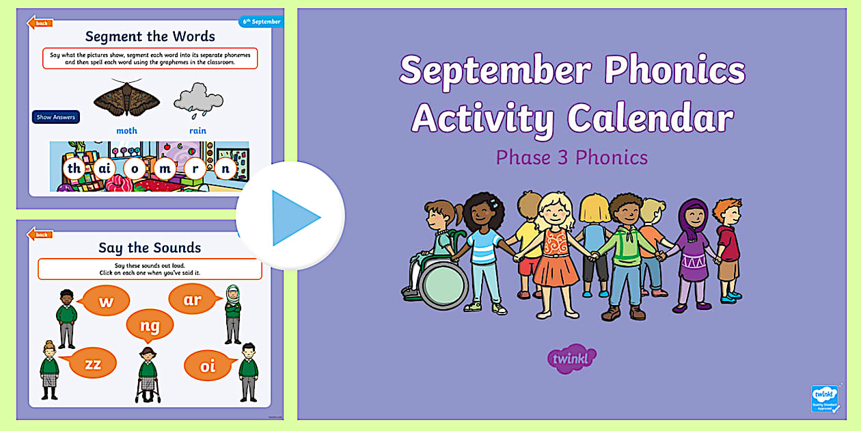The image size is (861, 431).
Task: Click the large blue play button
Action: pyautogui.click(x=290, y=217)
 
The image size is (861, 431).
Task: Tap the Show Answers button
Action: pyautogui.click(x=56, y=117)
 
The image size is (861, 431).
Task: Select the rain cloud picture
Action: pyautogui.click(x=198, y=99)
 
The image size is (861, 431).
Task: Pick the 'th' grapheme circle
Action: pyautogui.click(x=74, y=168)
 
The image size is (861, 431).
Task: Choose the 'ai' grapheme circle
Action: pyautogui.click(x=104, y=168)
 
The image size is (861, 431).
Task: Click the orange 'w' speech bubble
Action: pyautogui.click(x=105, y=302)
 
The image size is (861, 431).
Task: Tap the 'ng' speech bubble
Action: pyautogui.click(x=150, y=326)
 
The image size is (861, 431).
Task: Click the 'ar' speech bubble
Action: pyautogui.click(x=192, y=300)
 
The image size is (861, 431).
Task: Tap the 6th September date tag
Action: pyautogui.click(x=260, y=22)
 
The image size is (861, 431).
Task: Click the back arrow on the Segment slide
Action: pyautogui.click(x=39, y=23)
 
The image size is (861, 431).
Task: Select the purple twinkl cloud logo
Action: pyautogui.click(x=571, y=358)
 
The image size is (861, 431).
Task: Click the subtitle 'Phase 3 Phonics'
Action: pyautogui.click(x=571, y=158)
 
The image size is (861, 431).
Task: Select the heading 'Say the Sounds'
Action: pyautogui.click(x=150, y=248)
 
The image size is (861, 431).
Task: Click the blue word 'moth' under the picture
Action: pyautogui.click(x=126, y=131)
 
